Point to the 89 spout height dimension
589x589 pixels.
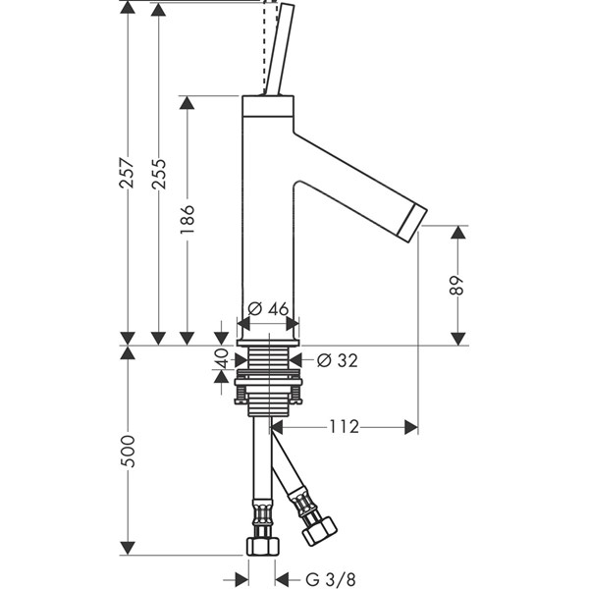point(457,285)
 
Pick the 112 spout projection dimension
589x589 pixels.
point(344,426)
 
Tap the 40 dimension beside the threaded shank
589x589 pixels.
point(221,359)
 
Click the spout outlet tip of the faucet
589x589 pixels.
point(417,215)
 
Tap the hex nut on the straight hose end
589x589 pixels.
point(263,545)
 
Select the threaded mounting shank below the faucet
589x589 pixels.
point(266,378)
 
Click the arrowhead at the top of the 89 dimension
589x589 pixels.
point(457,232)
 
